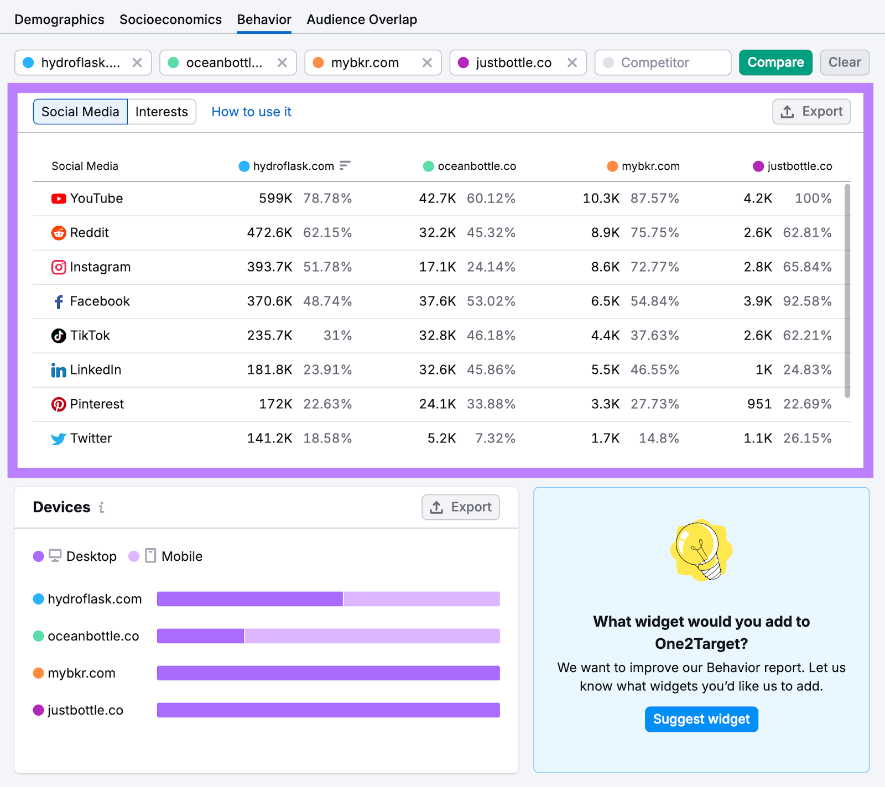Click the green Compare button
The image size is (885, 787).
(775, 62)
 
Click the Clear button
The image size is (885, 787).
(844, 62)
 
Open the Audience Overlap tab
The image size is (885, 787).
(362, 20)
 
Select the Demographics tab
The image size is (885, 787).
(59, 20)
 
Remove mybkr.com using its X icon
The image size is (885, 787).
(427, 62)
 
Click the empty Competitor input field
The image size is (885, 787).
(663, 62)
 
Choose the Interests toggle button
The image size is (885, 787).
(162, 112)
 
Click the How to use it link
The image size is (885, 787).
(251, 112)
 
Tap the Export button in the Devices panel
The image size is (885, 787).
(460, 507)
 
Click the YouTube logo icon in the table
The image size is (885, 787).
(59, 199)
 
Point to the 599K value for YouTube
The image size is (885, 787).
(275, 199)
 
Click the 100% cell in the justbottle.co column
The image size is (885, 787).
(813, 199)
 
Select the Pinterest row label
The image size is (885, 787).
(96, 404)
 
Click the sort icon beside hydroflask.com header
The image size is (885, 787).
(345, 165)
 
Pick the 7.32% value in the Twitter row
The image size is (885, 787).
(495, 439)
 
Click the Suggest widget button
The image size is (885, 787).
(701, 719)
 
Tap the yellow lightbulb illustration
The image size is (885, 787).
(701, 550)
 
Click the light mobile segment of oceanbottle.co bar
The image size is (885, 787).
(372, 636)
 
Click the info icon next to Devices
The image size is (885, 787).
(101, 507)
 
